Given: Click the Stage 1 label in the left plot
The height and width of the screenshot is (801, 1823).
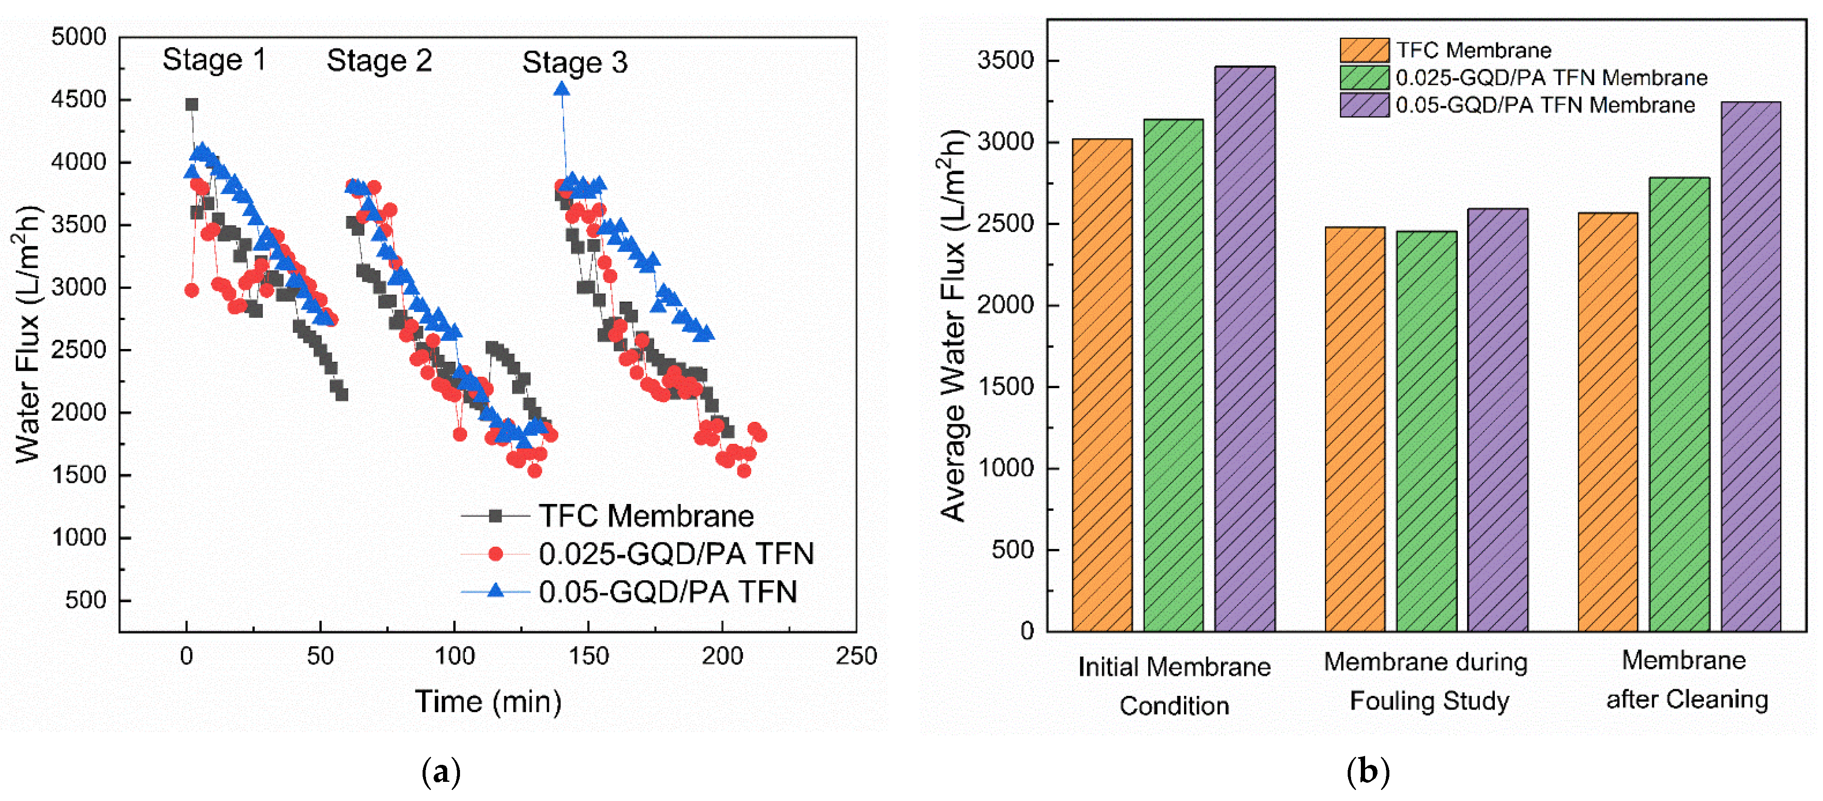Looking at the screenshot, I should pyautogui.click(x=214, y=60).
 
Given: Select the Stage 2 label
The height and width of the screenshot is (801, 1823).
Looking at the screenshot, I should pyautogui.click(x=379, y=61).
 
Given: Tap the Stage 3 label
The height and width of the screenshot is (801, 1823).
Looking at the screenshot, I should pyautogui.click(x=575, y=63).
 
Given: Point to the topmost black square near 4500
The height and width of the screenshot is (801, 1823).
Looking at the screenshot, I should pyautogui.click(x=191, y=105).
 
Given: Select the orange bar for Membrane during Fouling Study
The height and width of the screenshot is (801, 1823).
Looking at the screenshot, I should pyautogui.click(x=1354, y=429).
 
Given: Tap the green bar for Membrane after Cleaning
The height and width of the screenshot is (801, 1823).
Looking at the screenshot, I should pyautogui.click(x=1679, y=403).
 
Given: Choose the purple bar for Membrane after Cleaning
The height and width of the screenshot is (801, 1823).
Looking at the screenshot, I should pyautogui.click(x=1751, y=366).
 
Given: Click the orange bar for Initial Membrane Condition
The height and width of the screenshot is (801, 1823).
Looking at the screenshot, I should pyautogui.click(x=1102, y=385).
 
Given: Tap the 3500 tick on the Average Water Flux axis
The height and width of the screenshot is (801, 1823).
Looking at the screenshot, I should pyautogui.click(x=1005, y=61).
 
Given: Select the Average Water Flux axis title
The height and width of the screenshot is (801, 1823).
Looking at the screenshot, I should pyautogui.click(x=953, y=326).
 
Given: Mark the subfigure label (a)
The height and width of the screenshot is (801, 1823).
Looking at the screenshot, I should pyautogui.click(x=441, y=771).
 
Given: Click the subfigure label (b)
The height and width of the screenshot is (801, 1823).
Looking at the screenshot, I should pyautogui.click(x=1368, y=771).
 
